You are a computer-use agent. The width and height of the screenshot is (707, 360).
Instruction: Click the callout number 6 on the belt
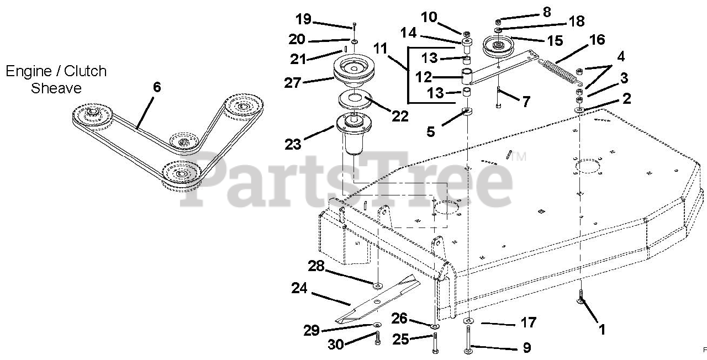(x=157, y=87)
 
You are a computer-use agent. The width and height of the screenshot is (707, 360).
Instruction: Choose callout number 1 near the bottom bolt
(x=603, y=330)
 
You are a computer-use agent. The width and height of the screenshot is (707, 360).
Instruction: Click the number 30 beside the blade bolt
(x=336, y=344)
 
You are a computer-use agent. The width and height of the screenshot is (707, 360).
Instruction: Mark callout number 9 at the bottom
(x=526, y=347)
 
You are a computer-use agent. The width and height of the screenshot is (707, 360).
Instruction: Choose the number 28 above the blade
(x=316, y=267)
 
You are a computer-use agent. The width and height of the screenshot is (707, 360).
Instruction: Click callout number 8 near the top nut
(x=546, y=13)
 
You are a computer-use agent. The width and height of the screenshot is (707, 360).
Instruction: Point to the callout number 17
(x=528, y=322)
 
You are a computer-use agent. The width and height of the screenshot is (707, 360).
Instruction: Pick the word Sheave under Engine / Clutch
(x=56, y=88)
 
